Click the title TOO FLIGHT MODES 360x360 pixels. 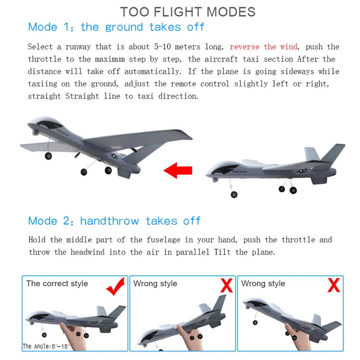click(x=188, y=12)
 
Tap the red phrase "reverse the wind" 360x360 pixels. click(x=264, y=47)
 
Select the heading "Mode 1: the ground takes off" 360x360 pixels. click(x=116, y=27)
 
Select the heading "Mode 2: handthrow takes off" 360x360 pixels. click(x=114, y=221)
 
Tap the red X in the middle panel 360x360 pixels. click(x=226, y=286)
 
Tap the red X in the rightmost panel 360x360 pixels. click(x=334, y=285)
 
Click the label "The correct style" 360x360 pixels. click(x=57, y=283)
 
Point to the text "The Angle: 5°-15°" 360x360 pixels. click(x=46, y=346)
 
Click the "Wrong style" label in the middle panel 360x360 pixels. click(x=155, y=283)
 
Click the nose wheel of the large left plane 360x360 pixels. click(x=48, y=156)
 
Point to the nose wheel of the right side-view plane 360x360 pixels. click(x=234, y=194)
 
